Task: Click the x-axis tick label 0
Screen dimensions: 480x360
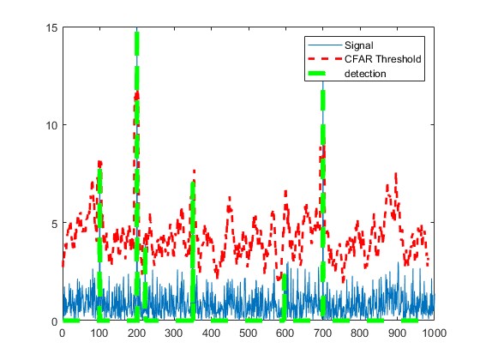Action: point(62,333)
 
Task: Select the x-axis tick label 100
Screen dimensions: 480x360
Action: point(99,333)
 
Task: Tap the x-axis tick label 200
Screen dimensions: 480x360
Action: point(136,333)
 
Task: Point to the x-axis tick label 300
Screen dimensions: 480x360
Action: point(173,333)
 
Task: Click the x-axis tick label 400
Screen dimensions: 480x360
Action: point(211,333)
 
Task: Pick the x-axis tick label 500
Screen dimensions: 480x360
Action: point(248,333)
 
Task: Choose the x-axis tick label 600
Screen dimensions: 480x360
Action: point(285,333)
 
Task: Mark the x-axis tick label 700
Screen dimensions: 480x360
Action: point(322,333)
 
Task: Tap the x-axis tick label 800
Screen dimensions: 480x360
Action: point(359,333)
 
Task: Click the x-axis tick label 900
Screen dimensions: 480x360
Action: point(397,333)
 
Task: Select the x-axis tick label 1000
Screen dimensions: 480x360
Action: point(435,333)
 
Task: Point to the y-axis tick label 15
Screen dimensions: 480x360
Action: point(51,28)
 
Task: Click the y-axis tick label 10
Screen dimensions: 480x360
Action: point(51,125)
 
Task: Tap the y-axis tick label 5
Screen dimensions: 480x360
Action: point(55,224)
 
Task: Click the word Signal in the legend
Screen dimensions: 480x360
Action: point(359,45)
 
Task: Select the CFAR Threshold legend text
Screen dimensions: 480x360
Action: point(383,59)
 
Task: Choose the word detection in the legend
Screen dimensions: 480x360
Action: point(365,74)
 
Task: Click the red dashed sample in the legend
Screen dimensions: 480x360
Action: point(325,59)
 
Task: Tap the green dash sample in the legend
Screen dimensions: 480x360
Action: point(317,74)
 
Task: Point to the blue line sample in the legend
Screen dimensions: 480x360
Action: point(325,45)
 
